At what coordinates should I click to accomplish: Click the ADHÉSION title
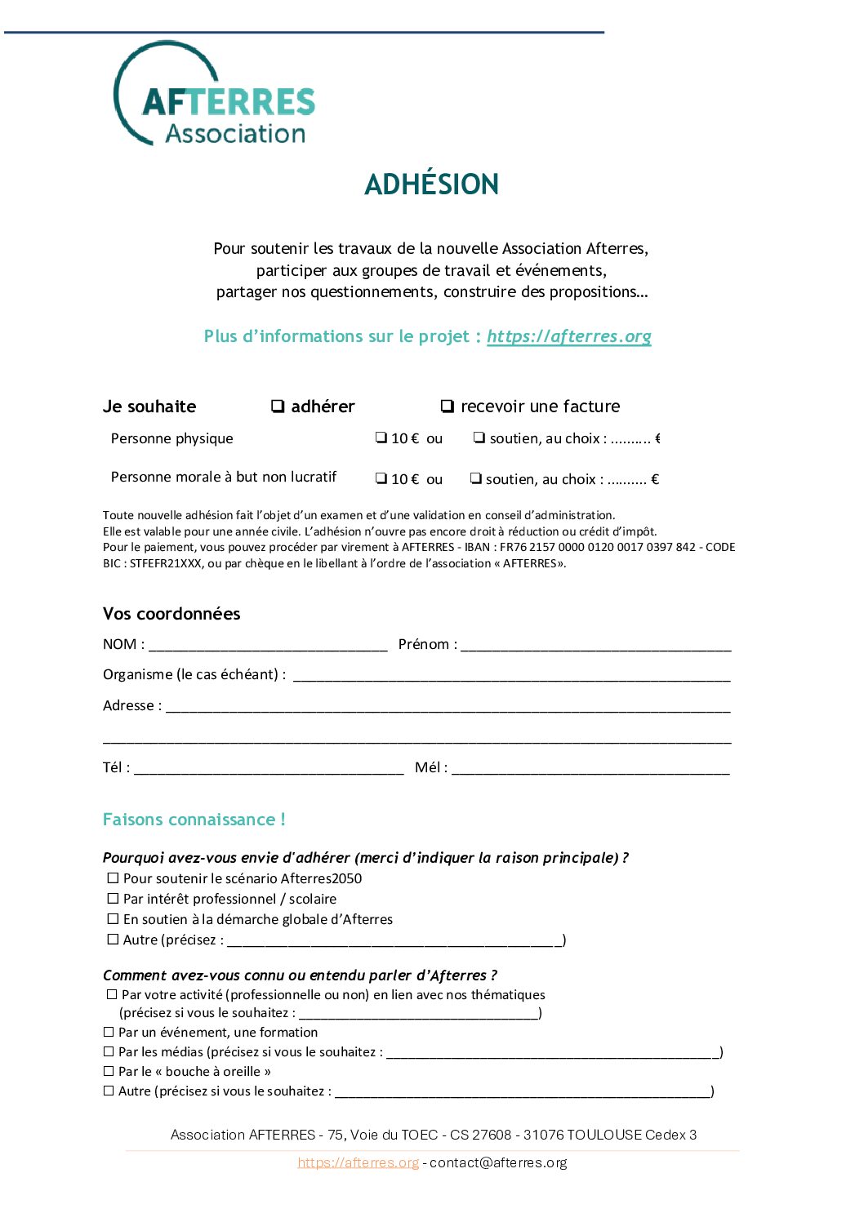pyautogui.click(x=431, y=184)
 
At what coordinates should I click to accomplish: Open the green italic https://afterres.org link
pyautogui.click(x=568, y=336)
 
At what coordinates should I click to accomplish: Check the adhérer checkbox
pyautogui.click(x=278, y=406)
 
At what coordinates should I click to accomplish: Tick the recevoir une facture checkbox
pyautogui.click(x=447, y=406)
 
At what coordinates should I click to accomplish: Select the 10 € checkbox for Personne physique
pyautogui.click(x=381, y=438)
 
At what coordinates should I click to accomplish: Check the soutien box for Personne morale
pyautogui.click(x=475, y=478)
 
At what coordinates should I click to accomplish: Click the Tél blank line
pyautogui.click(x=269, y=769)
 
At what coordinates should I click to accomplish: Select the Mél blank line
pyautogui.click(x=590, y=769)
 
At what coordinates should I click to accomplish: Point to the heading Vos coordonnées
pyautogui.click(x=171, y=614)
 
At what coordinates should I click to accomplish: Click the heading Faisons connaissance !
pyautogui.click(x=194, y=820)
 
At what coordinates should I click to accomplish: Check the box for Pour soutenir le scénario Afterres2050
pyautogui.click(x=114, y=878)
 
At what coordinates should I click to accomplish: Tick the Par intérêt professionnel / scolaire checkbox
pyautogui.click(x=114, y=899)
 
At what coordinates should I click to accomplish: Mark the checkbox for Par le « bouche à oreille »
pyautogui.click(x=109, y=1071)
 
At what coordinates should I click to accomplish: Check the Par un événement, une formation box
pyautogui.click(x=109, y=1032)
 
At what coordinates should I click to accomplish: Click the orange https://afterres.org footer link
pyautogui.click(x=358, y=1162)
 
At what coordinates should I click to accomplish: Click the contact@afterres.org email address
pyautogui.click(x=498, y=1162)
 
